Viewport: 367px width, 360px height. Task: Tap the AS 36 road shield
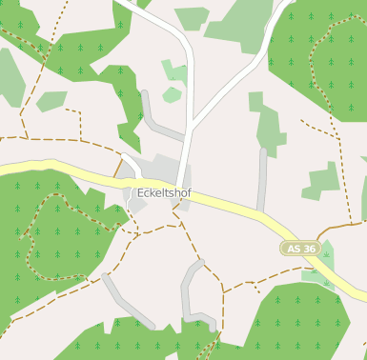pos(300,249)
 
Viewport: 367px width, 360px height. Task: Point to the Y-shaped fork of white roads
pos(192,123)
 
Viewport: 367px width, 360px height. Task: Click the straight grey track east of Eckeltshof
pos(261,181)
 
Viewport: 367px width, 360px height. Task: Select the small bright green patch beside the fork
pos(172,94)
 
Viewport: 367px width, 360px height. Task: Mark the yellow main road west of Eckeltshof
pos(57,170)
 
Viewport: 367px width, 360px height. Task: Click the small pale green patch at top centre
pos(193,17)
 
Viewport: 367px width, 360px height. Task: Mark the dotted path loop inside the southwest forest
pos(38,238)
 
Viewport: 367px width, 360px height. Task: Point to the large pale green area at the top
pos(243,24)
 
